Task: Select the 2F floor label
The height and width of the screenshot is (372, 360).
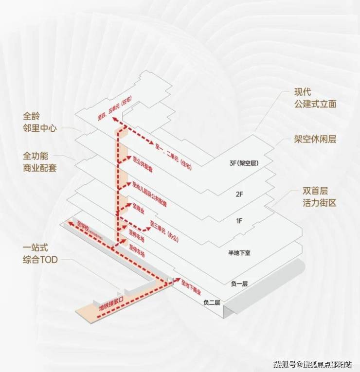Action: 239,193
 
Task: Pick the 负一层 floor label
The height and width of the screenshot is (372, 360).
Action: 238,283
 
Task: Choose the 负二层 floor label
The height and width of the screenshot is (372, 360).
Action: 212,302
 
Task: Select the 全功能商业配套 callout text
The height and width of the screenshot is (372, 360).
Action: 40,162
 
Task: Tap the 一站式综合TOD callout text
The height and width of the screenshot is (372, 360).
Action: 40,254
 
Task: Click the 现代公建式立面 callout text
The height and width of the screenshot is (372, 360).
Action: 315,98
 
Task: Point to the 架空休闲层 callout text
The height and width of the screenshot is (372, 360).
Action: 315,139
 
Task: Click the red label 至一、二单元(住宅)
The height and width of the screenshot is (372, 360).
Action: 172,156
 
